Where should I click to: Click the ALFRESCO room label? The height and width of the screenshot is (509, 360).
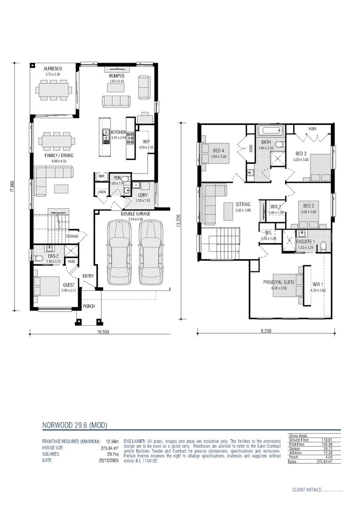coord(53,69)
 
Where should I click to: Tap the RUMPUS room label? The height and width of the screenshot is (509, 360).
coord(116,76)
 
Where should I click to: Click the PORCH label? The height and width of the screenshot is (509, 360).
coord(89,306)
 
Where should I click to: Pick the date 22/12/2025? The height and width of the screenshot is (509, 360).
coord(109,460)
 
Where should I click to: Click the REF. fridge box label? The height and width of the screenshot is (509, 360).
coord(101,176)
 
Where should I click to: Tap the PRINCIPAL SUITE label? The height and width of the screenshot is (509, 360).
coord(278,282)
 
